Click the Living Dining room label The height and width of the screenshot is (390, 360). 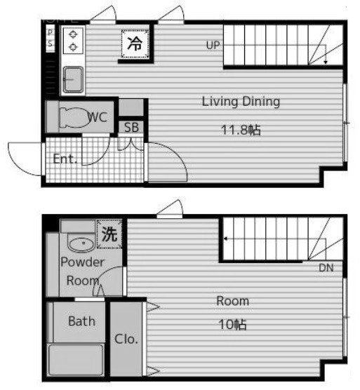[x=241, y=102]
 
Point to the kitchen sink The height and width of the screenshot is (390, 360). [x=72, y=79]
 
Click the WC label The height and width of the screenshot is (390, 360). [x=98, y=117]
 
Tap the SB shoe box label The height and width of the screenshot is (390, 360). [x=131, y=127]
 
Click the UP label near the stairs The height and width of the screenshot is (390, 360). [x=213, y=46]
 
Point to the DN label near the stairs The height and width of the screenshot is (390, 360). [x=326, y=267]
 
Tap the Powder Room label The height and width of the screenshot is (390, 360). [x=82, y=271]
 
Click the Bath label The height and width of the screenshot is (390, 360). [x=81, y=322]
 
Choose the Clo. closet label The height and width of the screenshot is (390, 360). [x=126, y=339]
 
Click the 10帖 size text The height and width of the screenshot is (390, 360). [x=232, y=325]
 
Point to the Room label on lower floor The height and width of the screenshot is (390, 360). [x=232, y=301]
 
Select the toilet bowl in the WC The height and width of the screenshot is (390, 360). [x=70, y=117]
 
